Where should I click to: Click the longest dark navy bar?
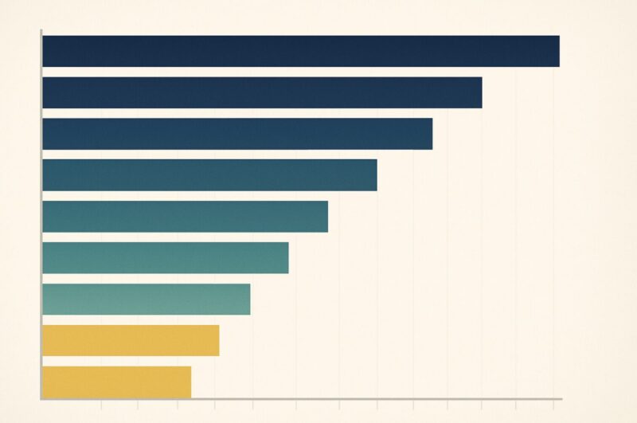tap(300, 51)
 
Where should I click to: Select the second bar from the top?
tap(262, 92)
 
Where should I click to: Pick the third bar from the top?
tap(237, 134)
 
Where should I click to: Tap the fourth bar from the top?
tap(209, 175)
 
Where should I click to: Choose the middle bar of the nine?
tap(185, 217)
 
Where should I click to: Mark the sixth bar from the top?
tap(165, 258)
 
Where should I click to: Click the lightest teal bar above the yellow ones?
tap(146, 300)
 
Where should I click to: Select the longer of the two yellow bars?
tap(131, 341)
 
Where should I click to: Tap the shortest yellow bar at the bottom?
tap(116, 382)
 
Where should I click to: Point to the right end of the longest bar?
tap(558, 51)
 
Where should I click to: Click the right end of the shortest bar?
tap(190, 382)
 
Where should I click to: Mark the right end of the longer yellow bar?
tap(218, 341)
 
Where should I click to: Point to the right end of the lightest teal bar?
tap(249, 300)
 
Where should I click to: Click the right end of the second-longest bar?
tap(481, 92)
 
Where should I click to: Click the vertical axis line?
tap(41, 215)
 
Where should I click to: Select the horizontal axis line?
tap(303, 398)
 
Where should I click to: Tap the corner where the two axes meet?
tap(41, 398)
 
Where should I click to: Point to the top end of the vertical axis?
tap(41, 30)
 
